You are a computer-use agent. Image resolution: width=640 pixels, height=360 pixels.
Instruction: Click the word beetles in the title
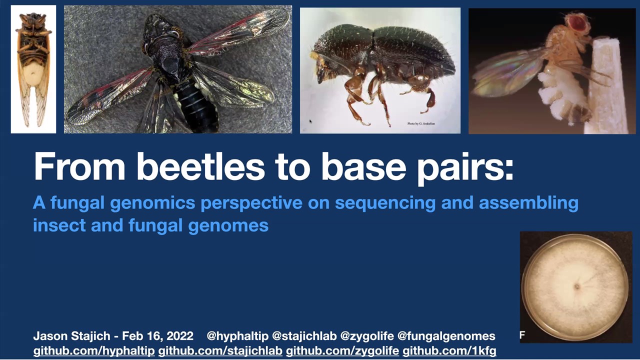pos(201,166)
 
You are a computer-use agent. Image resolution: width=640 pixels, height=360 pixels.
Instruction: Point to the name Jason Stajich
pos(71,336)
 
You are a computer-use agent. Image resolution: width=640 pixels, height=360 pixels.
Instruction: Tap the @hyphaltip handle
pos(237,336)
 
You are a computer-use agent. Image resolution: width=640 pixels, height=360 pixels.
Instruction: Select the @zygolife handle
pos(367,336)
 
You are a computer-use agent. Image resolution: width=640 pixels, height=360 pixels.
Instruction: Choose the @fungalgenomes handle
pos(446,336)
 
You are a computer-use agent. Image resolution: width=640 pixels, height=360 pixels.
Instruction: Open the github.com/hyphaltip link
pos(94,351)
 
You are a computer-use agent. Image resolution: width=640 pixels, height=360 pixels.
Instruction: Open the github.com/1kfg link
pos(449,351)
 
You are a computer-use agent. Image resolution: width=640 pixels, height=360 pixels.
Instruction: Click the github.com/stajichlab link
pos(220,351)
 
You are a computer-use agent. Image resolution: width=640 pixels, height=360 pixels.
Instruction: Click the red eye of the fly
pos(579,22)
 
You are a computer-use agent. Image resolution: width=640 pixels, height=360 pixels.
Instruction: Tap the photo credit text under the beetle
pos(421,123)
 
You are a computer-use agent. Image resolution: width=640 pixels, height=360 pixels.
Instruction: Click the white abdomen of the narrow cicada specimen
pos(33,74)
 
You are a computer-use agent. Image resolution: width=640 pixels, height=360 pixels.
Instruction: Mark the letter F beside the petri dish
pos(522,335)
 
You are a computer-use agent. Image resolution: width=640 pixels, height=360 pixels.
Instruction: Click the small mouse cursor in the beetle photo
pos(310,121)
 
